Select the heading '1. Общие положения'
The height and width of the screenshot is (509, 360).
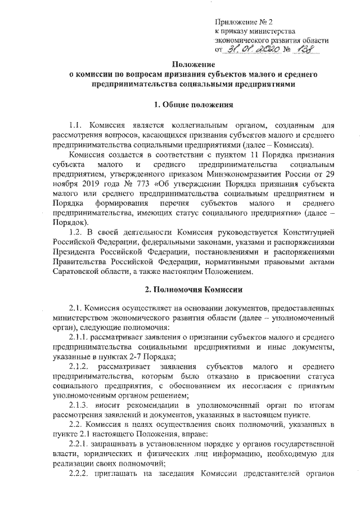click(x=191, y=105)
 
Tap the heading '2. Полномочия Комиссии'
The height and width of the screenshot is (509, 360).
click(x=191, y=290)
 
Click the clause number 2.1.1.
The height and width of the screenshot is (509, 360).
click(x=79, y=337)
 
